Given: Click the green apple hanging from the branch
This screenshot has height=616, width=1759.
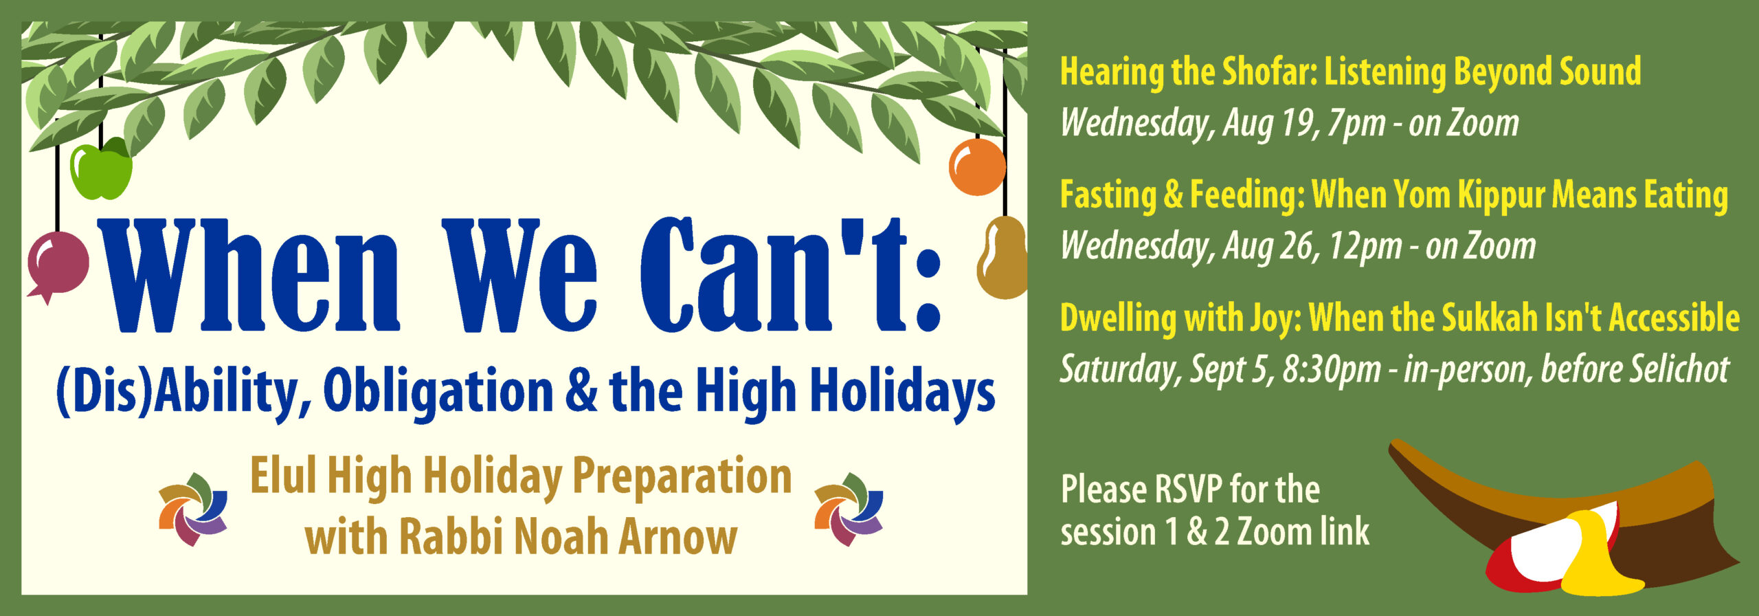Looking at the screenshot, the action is point(101,168).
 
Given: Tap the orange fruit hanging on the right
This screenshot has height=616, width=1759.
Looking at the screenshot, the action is point(977,167).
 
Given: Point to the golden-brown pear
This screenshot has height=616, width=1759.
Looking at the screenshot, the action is point(1002,258).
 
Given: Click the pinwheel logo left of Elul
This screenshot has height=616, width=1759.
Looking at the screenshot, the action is point(193,509).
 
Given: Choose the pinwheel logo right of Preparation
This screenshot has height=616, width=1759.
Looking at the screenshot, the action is point(849,509).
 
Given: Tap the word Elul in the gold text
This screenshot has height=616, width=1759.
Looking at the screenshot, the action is point(283,476).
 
